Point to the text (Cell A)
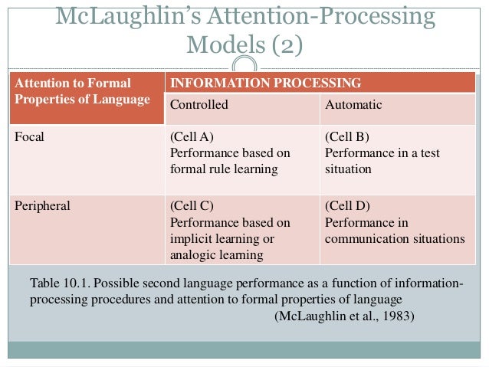[x=191, y=138]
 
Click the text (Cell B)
[x=347, y=138]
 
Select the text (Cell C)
[x=191, y=207]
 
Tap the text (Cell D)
[x=347, y=207]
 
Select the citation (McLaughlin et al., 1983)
[x=344, y=314]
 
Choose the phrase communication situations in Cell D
[x=395, y=238]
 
